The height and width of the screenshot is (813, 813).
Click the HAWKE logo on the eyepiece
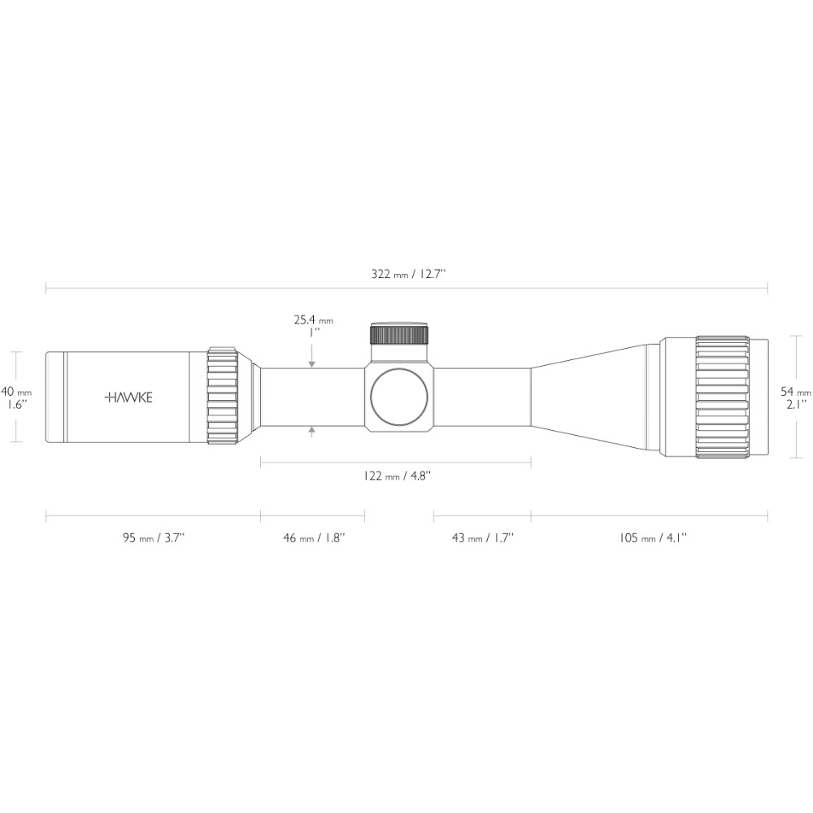coord(128,398)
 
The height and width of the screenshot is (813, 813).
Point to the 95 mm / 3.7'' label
coord(154,537)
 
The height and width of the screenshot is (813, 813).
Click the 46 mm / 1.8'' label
coord(314,537)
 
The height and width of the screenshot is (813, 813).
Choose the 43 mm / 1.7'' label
coord(482,537)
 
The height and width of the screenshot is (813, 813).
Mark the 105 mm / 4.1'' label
coord(653,537)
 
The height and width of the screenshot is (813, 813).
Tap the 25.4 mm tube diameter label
coord(314,320)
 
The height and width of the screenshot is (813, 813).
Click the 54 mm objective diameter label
coord(796,392)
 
